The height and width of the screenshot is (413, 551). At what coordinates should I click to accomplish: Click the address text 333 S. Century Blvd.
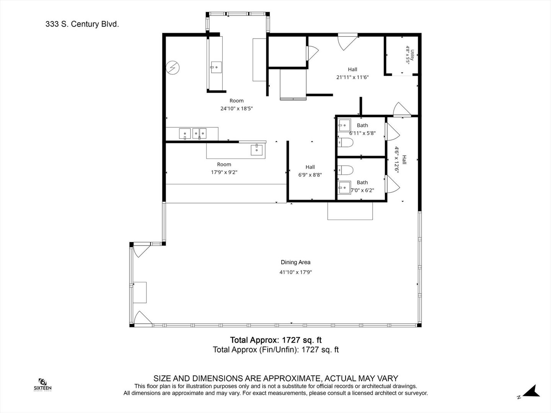[82, 24]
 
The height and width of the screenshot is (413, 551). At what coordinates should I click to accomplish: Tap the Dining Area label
[295, 262]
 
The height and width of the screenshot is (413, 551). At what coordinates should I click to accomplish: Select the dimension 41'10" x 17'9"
[295, 272]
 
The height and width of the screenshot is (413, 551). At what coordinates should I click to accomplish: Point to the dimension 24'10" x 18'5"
[236, 109]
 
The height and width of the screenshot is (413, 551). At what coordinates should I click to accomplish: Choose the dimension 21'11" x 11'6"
[352, 77]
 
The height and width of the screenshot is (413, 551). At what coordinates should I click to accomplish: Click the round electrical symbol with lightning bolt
[173, 68]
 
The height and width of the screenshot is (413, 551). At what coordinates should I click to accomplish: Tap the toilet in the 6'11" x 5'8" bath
[345, 142]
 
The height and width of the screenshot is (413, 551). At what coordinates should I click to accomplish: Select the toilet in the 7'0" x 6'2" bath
[345, 170]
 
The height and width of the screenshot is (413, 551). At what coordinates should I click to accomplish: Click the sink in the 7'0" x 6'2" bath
[344, 187]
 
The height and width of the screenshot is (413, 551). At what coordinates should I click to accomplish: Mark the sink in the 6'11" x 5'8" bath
[344, 125]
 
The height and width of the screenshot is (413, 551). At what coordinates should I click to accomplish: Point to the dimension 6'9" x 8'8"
[310, 175]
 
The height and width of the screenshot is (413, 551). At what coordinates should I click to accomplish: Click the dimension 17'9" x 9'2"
[224, 172]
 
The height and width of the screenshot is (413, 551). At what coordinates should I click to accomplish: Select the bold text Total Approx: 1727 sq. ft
[275, 340]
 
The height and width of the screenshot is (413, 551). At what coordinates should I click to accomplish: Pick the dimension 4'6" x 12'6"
[397, 160]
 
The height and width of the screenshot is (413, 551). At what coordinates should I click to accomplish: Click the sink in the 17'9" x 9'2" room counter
[256, 150]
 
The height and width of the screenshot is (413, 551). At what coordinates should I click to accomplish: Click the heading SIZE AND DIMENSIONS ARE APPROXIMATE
[275, 379]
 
